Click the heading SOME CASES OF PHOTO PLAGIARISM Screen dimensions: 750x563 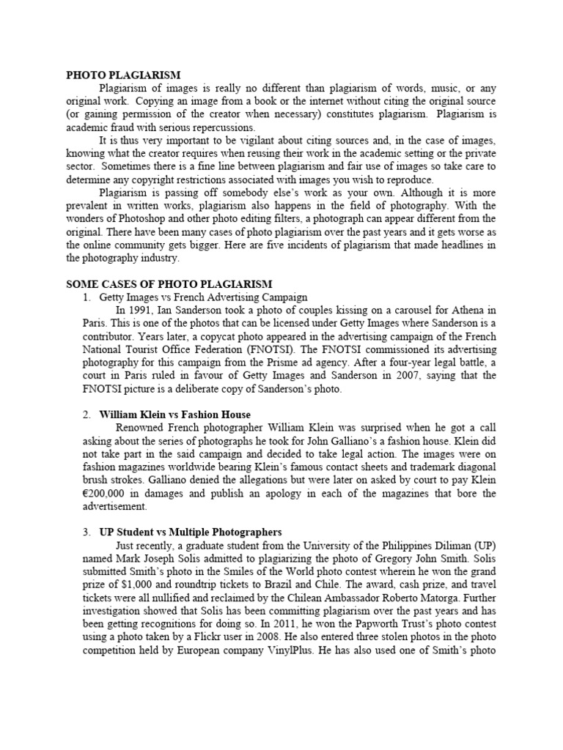tap(169, 283)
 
